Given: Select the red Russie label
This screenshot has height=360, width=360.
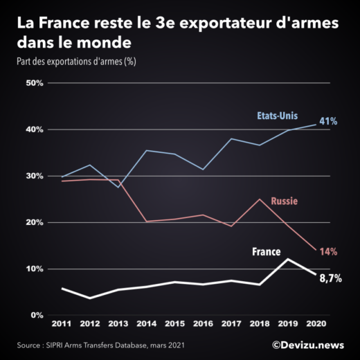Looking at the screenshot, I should coord(285,202).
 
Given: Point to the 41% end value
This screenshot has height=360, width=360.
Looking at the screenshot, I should coord(328,121).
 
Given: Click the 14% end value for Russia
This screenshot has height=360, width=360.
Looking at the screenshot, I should coord(327,253).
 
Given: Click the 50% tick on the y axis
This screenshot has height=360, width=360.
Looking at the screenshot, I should coord(35,83).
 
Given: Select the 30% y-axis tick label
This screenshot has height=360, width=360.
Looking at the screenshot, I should coord(35,176).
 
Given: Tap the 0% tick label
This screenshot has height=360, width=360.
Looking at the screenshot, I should coord(37,315).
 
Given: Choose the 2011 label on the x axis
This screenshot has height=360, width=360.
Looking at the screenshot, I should coord(62,324).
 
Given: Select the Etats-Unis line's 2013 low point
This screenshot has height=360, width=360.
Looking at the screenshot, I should coord(119,187).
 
